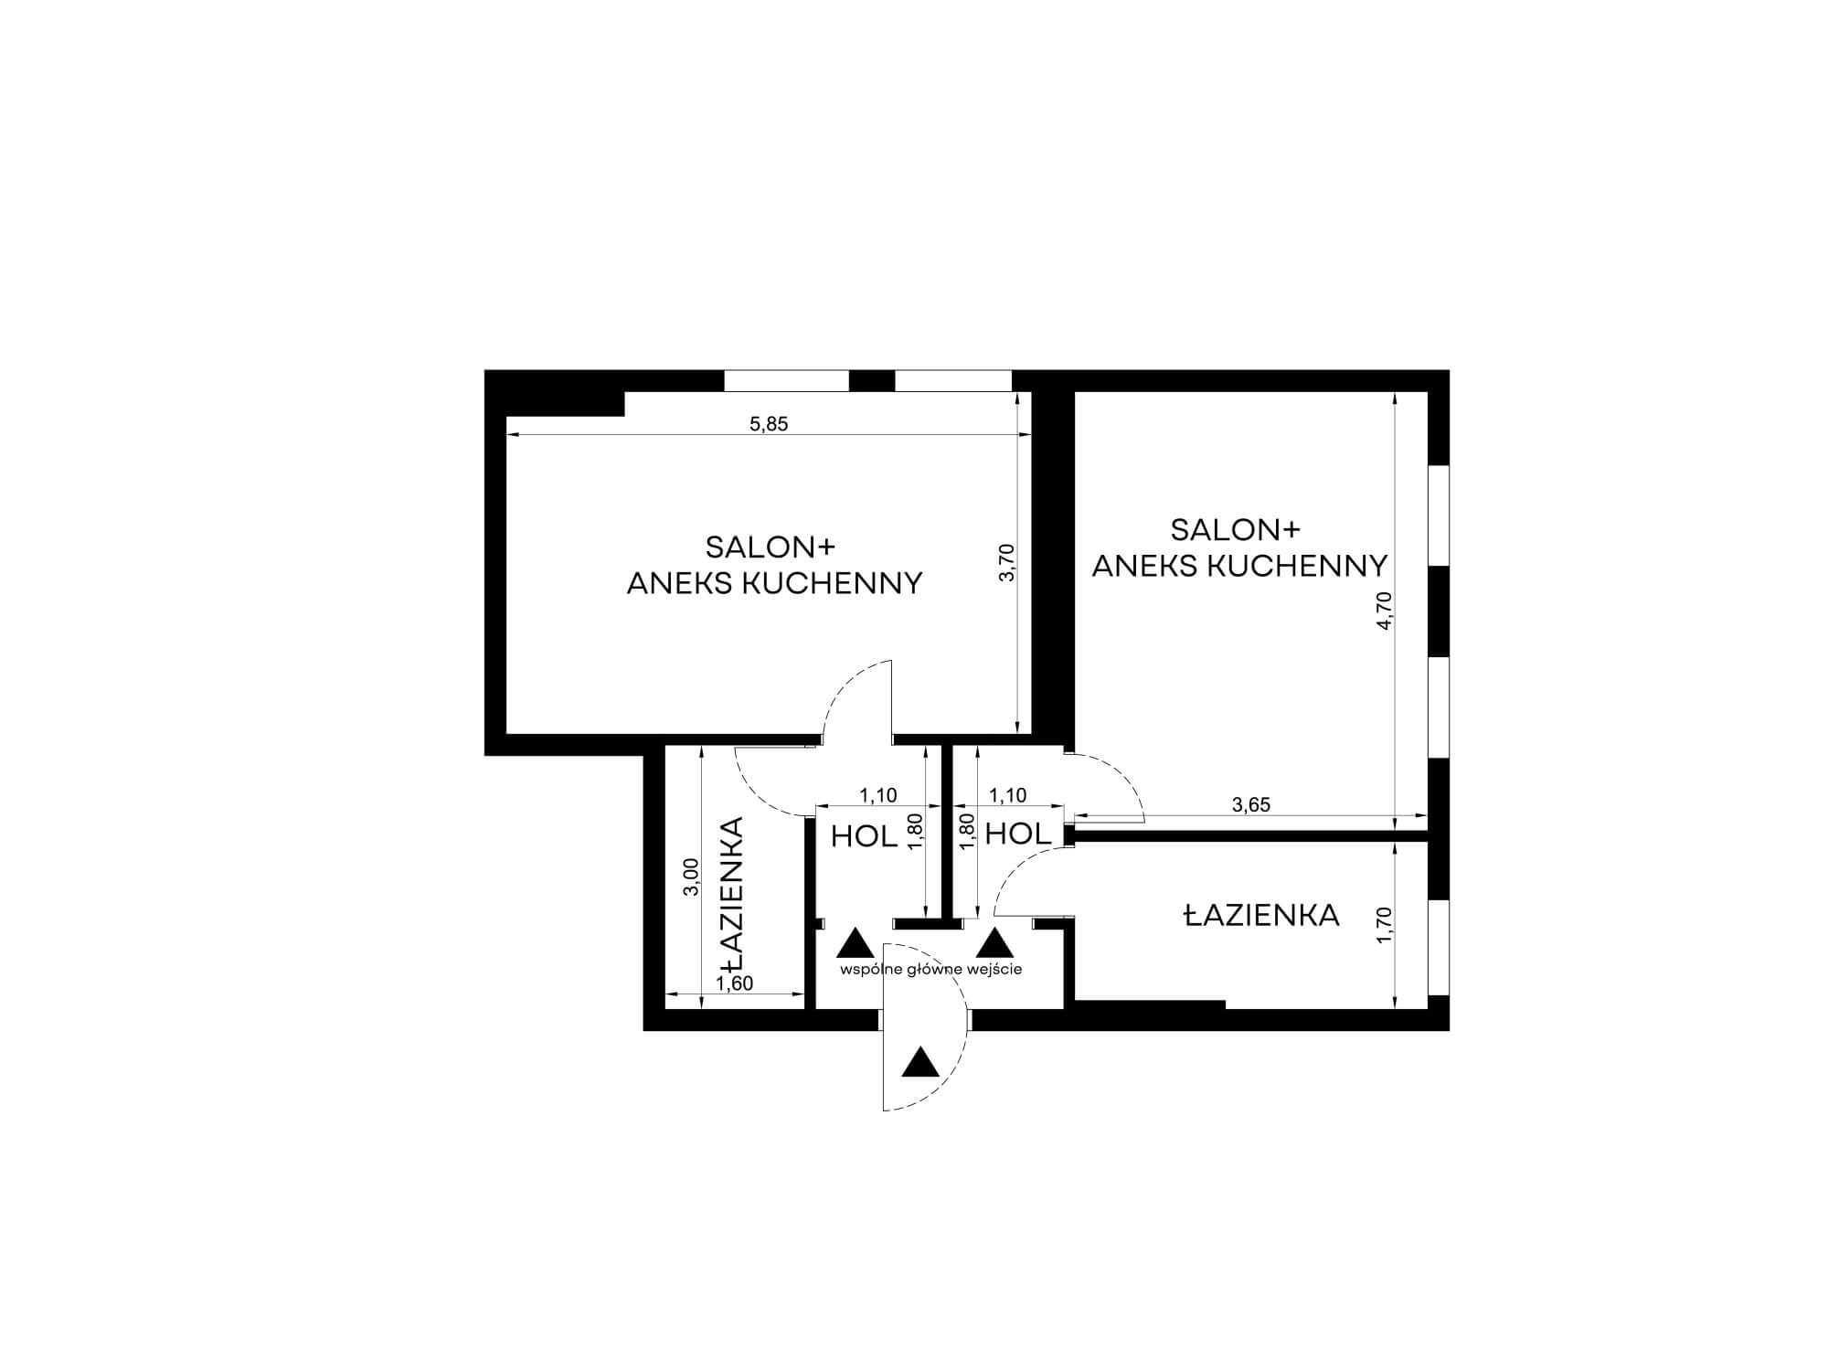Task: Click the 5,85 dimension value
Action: pyautogui.click(x=769, y=424)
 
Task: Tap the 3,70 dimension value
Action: pyautogui.click(x=1007, y=563)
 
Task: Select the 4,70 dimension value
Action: pyautogui.click(x=1384, y=611)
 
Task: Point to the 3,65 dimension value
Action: pyautogui.click(x=1251, y=805)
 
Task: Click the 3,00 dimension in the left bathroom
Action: pyautogui.click(x=692, y=877)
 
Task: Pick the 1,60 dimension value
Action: pyautogui.click(x=735, y=983)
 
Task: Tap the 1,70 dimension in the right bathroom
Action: pyautogui.click(x=1384, y=925)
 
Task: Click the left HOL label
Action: pyautogui.click(x=864, y=836)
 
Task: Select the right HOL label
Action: pyautogui.click(x=1019, y=834)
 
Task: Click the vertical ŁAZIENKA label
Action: pyautogui.click(x=732, y=895)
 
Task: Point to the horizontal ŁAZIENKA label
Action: pyautogui.click(x=1261, y=915)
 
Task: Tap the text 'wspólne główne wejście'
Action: pyautogui.click(x=931, y=969)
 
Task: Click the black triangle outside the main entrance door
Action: pyautogui.click(x=920, y=1063)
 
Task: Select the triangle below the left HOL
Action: pyautogui.click(x=856, y=943)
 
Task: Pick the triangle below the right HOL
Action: pyautogui.click(x=995, y=943)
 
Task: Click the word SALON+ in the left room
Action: pyautogui.click(x=771, y=547)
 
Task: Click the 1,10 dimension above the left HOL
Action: pyautogui.click(x=878, y=796)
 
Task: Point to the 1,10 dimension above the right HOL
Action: pyautogui.click(x=1008, y=796)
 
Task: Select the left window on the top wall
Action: pyautogui.click(x=787, y=380)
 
